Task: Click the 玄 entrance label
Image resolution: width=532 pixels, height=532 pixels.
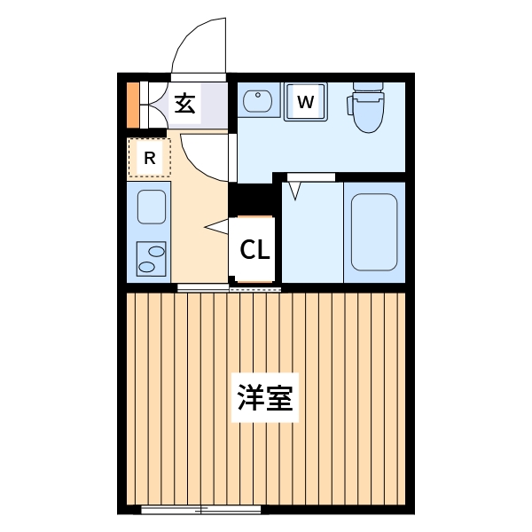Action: pyautogui.click(x=184, y=103)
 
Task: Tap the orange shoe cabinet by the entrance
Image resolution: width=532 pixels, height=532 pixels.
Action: pyautogui.click(x=132, y=104)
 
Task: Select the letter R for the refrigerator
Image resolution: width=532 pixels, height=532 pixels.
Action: pyautogui.click(x=150, y=159)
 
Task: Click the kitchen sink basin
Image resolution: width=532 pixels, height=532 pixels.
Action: pyautogui.click(x=151, y=207)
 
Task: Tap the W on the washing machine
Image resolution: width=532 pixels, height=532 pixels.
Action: pyautogui.click(x=305, y=102)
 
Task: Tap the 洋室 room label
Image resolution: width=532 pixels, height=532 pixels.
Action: pyautogui.click(x=265, y=398)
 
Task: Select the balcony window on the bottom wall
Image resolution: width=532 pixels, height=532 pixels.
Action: pyautogui.click(x=201, y=510)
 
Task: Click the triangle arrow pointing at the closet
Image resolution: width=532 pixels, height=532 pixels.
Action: pyautogui.click(x=215, y=228)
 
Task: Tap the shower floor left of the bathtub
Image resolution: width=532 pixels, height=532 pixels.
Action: pyautogui.click(x=312, y=235)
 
